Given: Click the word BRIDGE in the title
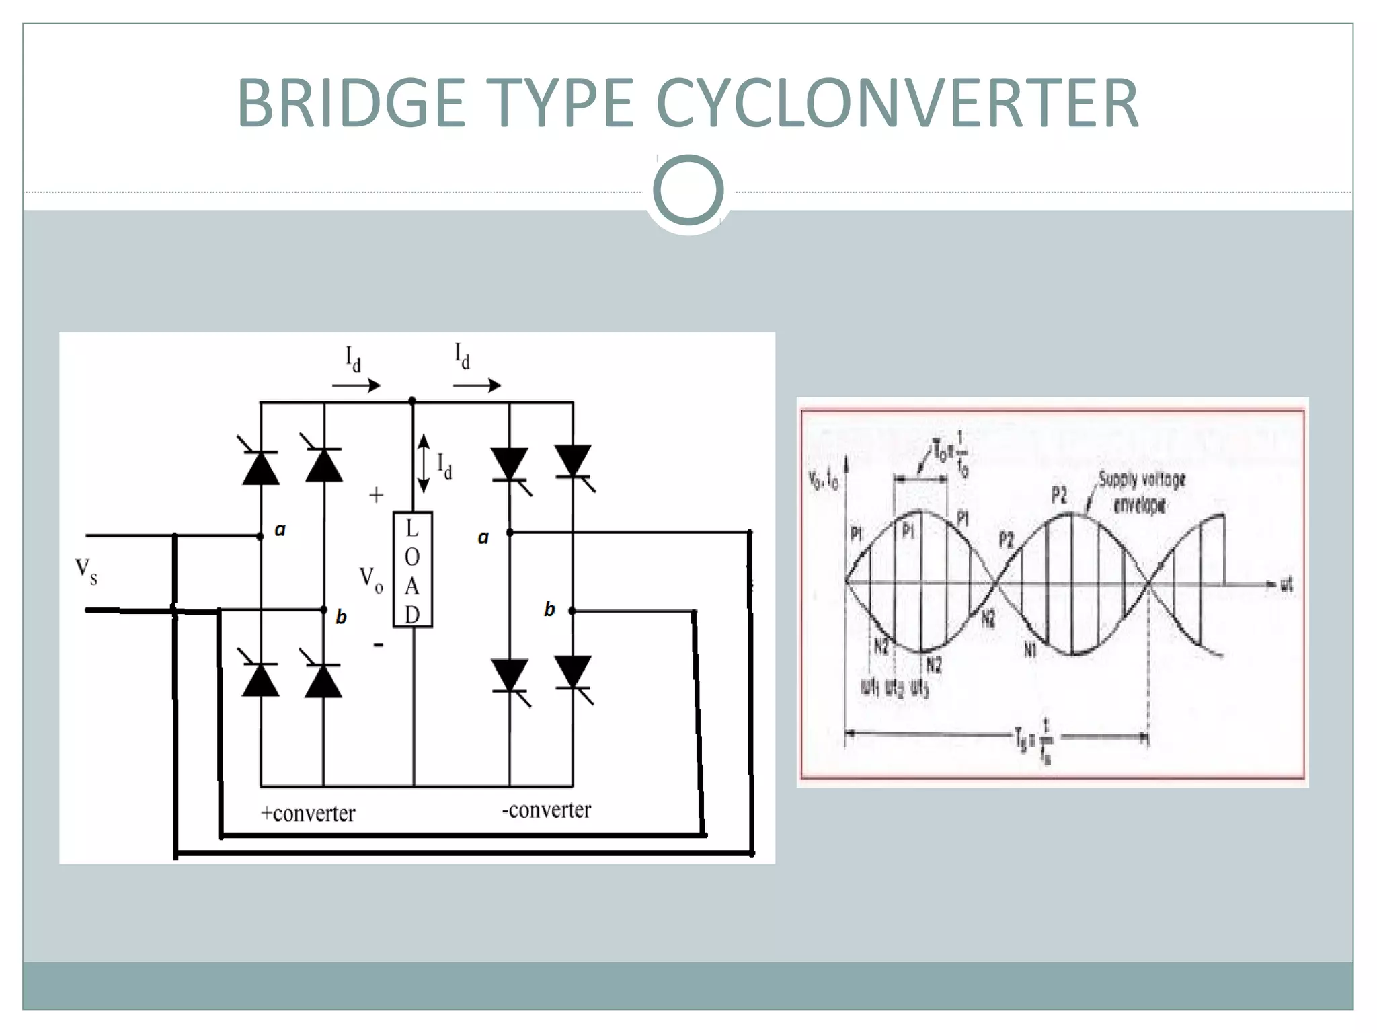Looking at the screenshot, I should [351, 104].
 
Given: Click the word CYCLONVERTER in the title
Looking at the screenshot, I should [897, 104].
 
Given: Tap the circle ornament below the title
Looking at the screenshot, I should [688, 190].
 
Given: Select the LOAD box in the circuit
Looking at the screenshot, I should [412, 570].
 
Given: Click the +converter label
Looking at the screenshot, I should [308, 814].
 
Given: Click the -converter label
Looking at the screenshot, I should [546, 810].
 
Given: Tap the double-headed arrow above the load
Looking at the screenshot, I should [424, 463].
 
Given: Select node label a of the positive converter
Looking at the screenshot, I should [280, 530].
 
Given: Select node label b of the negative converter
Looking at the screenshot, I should [549, 609].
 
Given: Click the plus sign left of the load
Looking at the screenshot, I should [377, 496].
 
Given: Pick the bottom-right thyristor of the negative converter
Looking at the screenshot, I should [573, 675].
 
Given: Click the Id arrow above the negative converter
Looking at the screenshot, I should [476, 385].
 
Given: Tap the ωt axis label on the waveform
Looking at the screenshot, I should [1286, 584].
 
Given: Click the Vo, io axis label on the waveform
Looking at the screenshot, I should [823, 480].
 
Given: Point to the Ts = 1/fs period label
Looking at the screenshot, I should [1036, 740].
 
